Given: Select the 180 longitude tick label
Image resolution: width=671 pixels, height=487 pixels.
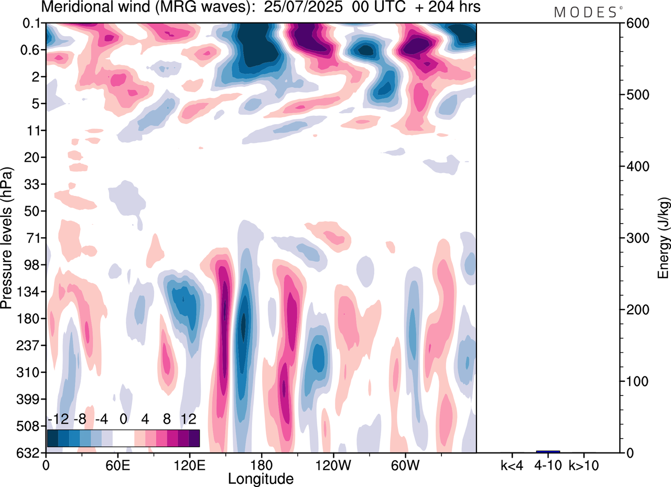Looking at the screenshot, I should pos(261,464).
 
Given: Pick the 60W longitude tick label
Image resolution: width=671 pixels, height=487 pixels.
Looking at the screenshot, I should pos(405,464).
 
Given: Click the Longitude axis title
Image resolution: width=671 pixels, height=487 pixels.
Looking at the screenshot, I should pos(261,478).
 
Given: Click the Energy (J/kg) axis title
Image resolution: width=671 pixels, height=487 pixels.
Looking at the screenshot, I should pos(664,238).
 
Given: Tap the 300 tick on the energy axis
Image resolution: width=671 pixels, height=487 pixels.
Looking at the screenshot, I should pos(636,238).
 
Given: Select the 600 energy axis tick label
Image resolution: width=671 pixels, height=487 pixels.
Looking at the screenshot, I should pos(636,24).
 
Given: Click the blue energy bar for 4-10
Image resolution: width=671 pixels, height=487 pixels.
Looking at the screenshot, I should pos(548,451).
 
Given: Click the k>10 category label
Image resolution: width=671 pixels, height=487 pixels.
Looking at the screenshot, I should pos(583,464).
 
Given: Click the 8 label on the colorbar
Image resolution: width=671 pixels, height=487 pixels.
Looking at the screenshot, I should pos(167,419).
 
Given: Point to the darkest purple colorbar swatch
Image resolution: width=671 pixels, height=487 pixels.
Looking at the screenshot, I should pos(194,438).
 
